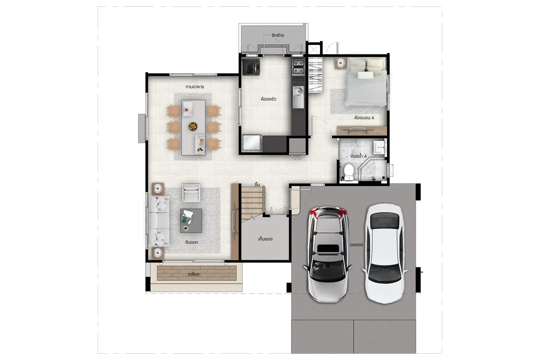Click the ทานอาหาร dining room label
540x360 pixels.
[194, 86]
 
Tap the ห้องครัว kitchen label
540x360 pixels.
[268, 99]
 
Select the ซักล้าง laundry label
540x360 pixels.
[278, 35]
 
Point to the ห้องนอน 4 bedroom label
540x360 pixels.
[364, 117]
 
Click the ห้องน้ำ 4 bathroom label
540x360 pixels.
[359, 156]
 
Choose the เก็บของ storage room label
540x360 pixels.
[265, 239]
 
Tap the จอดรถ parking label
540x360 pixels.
[356, 244]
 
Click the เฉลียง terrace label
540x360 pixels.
[193, 274]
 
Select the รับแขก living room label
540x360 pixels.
[192, 242]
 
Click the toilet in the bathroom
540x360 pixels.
[349, 172]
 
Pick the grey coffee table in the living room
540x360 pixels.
[191, 220]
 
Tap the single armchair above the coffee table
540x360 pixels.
[191, 193]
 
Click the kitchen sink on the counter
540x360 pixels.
[298, 97]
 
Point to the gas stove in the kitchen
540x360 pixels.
[298, 67]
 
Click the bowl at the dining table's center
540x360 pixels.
[193, 126]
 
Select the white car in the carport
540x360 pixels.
[385, 254]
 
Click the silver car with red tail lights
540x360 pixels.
[328, 254]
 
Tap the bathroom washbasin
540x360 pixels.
[379, 148]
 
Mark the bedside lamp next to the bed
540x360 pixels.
[340, 63]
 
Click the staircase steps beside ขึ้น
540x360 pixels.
[252, 202]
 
